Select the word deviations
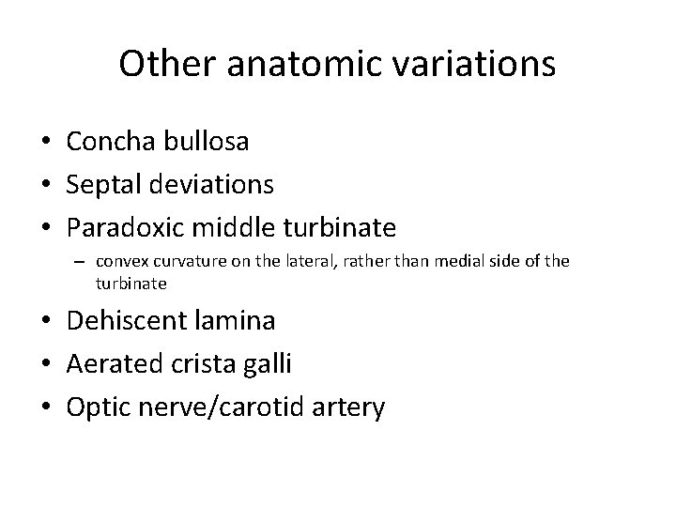(210, 185)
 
